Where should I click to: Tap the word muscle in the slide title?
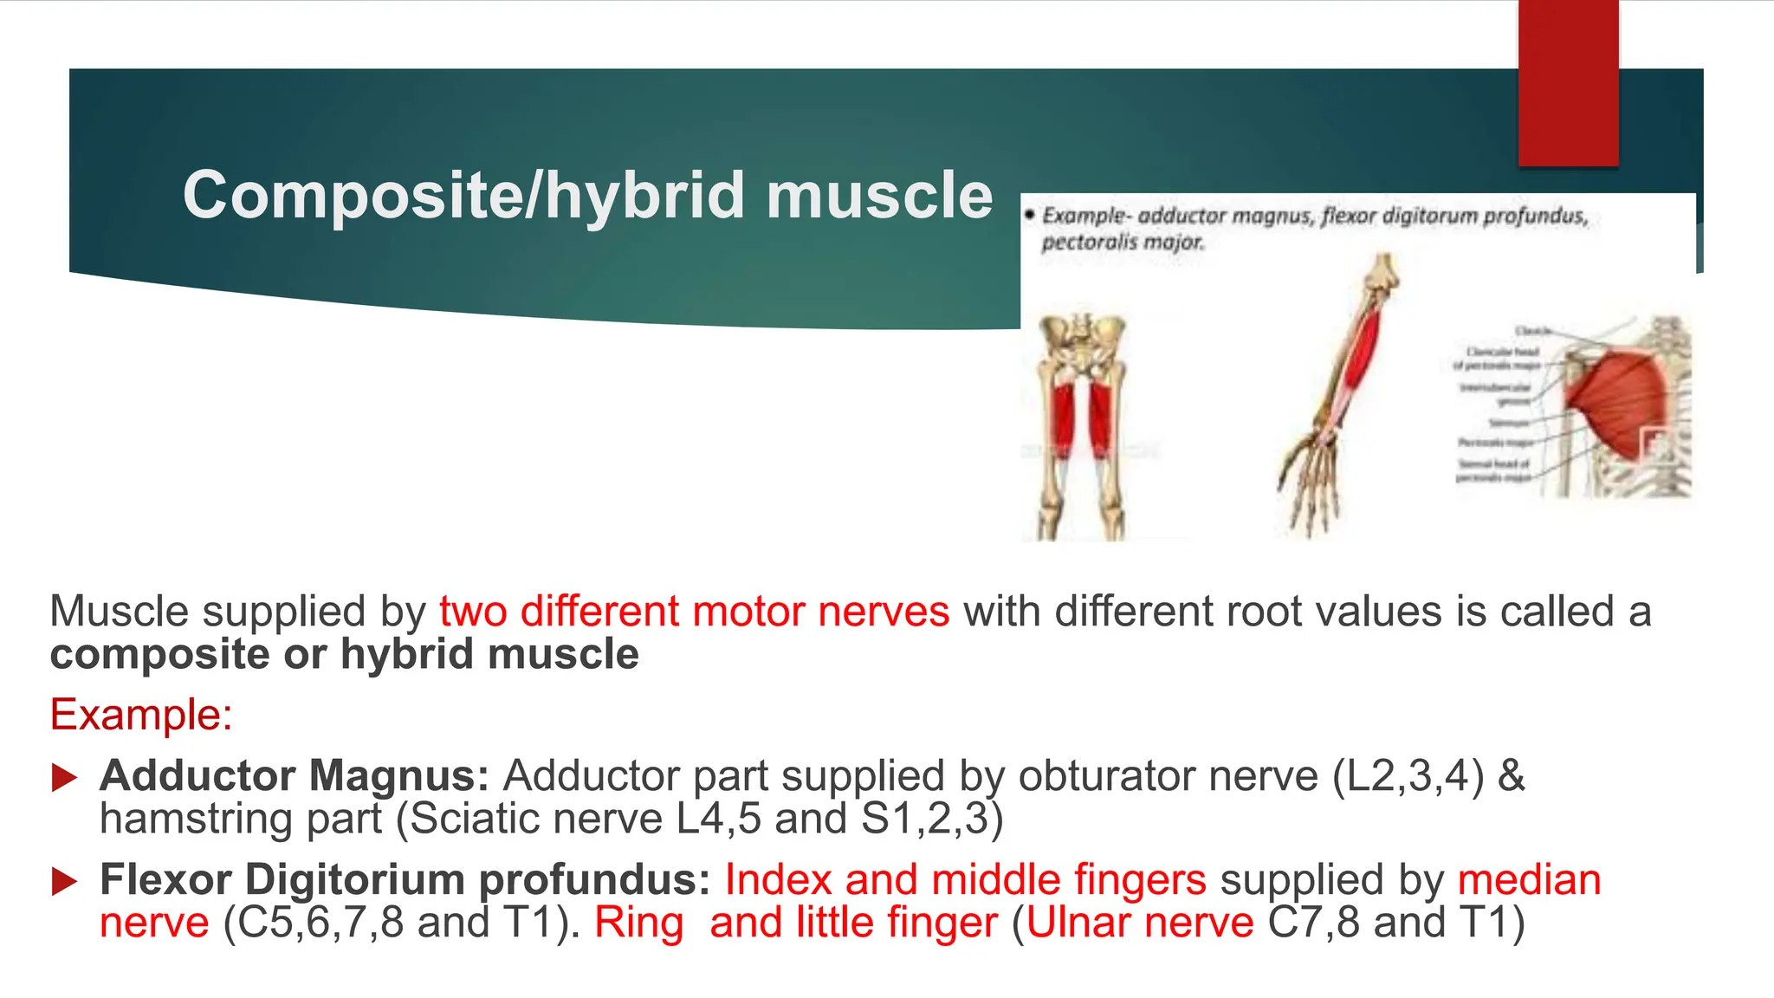tap(878, 196)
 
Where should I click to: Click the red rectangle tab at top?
tap(1568, 82)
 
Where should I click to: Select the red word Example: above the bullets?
tap(141, 716)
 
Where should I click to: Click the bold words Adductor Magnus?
tap(295, 775)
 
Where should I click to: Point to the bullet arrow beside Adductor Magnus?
tap(64, 777)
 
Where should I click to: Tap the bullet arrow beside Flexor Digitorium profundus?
tap(64, 882)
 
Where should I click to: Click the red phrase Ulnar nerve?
tap(1140, 923)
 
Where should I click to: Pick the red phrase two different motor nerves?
tap(694, 612)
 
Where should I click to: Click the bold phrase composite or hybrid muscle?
tap(344, 654)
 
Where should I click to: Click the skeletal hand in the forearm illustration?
tap(1312, 485)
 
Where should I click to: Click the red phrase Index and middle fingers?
tap(965, 880)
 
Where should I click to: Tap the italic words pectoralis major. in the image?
tap(1123, 243)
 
